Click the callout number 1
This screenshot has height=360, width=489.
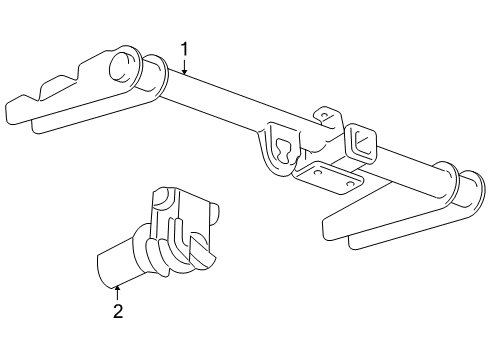[184, 48]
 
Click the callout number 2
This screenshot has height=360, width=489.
[118, 310]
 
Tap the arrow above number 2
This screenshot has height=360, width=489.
[118, 291]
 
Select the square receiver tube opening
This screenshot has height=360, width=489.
[363, 143]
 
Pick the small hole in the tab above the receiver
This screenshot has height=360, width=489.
[324, 118]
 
